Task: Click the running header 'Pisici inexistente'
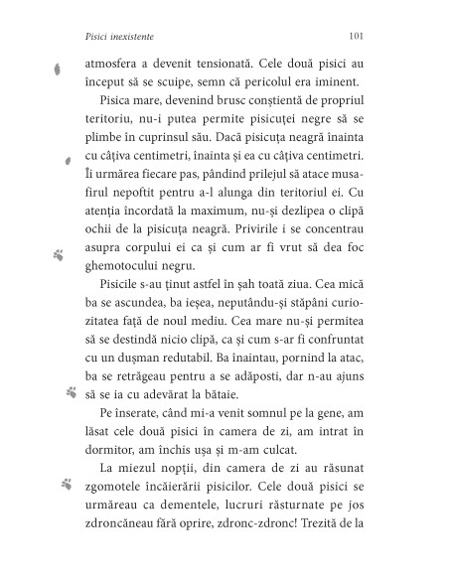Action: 114,35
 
